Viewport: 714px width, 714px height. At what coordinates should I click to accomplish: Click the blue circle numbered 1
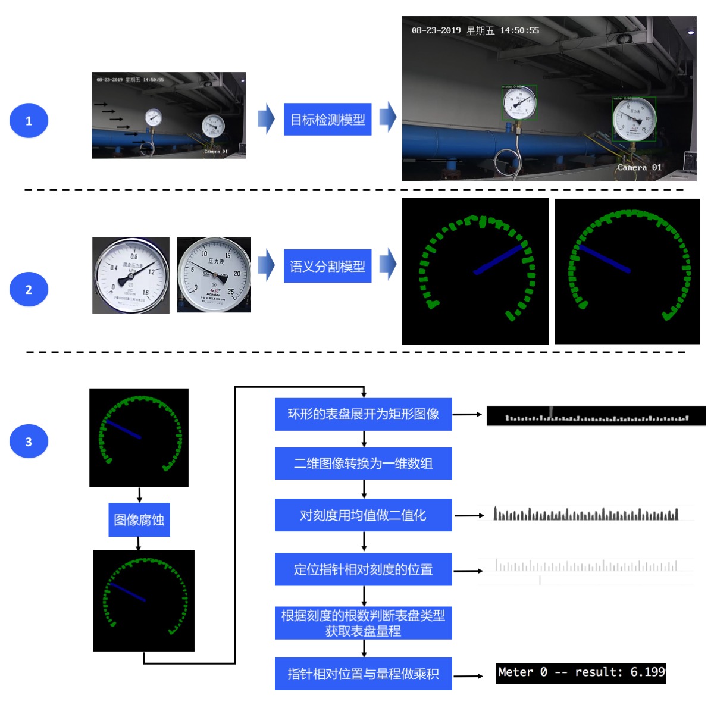click(x=29, y=121)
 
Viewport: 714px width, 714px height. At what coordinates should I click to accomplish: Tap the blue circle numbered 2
click(x=29, y=290)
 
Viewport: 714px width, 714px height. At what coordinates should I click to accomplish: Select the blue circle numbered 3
click(x=29, y=441)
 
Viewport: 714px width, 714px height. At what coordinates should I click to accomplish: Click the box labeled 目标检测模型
click(x=327, y=120)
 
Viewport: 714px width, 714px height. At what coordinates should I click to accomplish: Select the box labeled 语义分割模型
click(x=327, y=266)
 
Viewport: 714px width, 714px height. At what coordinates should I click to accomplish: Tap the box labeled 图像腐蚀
click(x=139, y=520)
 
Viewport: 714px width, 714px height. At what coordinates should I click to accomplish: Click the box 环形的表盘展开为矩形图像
click(x=363, y=414)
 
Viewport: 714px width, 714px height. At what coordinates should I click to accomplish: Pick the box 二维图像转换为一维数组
click(x=363, y=464)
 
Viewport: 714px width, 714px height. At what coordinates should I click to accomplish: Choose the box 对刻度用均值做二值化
click(x=363, y=515)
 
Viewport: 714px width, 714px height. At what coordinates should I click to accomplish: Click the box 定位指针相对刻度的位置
click(x=363, y=569)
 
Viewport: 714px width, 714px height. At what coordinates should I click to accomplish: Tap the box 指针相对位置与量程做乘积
click(x=363, y=674)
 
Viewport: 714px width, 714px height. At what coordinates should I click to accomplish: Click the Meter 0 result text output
click(x=581, y=673)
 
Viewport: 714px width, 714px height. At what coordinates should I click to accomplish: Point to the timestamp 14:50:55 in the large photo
click(x=519, y=30)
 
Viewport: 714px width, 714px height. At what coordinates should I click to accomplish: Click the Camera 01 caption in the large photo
click(x=639, y=167)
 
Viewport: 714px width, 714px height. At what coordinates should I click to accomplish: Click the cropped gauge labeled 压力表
click(x=214, y=274)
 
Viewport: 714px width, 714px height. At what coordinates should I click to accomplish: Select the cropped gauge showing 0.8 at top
click(x=131, y=275)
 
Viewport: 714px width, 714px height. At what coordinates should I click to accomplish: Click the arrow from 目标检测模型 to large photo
click(x=387, y=117)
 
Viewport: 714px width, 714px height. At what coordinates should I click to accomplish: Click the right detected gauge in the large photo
click(x=634, y=120)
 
